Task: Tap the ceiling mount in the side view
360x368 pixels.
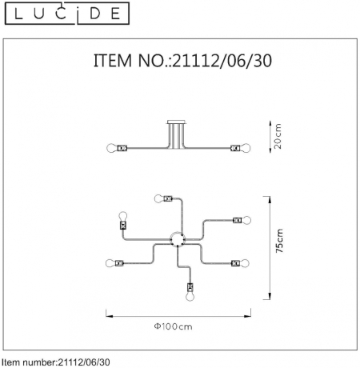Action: (175, 125)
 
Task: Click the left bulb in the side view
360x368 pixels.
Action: (112, 148)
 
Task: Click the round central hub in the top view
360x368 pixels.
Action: (177, 238)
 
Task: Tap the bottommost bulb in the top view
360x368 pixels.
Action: (190, 295)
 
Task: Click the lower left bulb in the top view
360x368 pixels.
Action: (109, 262)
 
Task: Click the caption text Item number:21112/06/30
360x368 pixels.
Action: (56, 362)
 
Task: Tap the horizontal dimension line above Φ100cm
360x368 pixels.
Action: (177, 314)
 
